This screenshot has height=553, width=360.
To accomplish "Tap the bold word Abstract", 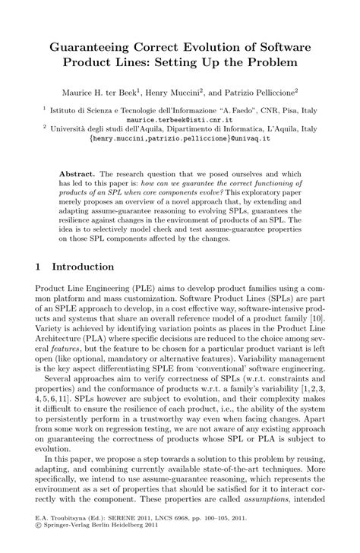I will pyautogui.click(x=78, y=173).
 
